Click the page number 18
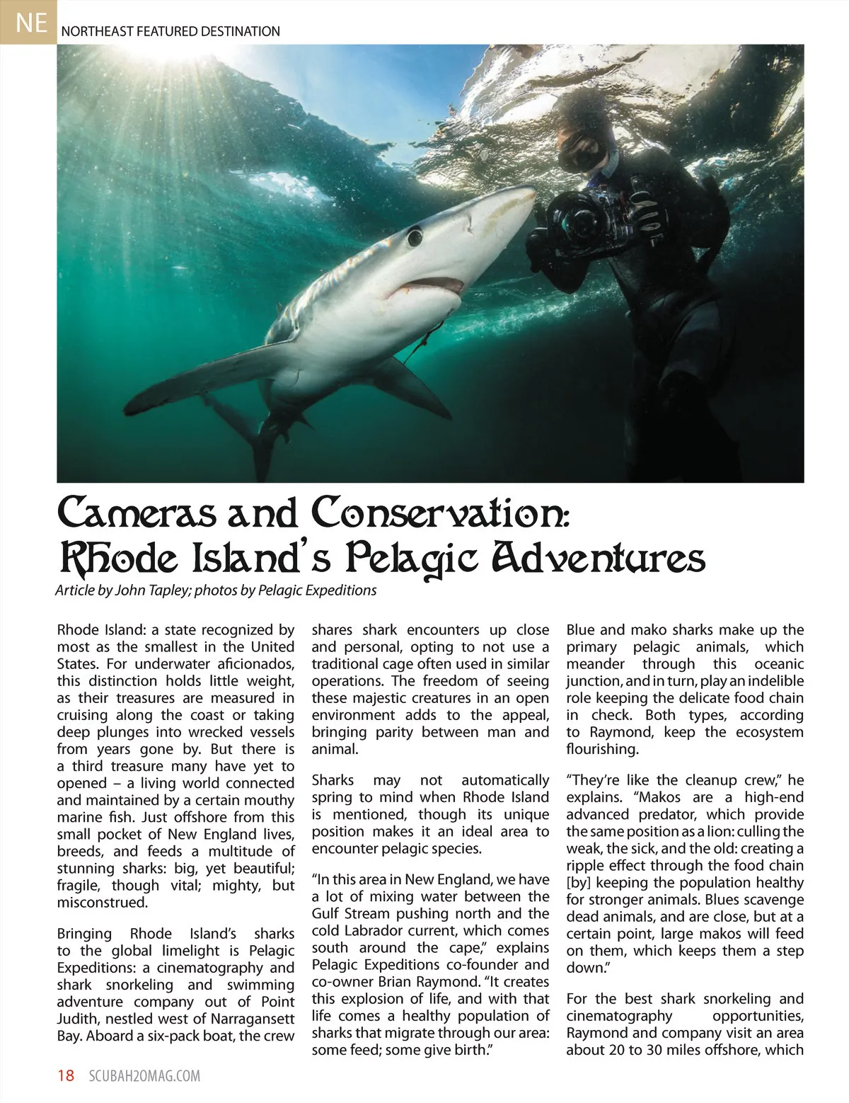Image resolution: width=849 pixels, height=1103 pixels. tap(66, 1076)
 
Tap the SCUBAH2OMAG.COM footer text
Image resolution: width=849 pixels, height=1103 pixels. tap(145, 1076)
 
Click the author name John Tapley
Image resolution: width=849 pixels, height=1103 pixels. tap(151, 590)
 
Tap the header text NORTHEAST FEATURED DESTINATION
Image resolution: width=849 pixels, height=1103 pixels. tap(171, 31)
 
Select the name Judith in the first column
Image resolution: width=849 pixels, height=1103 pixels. tap(79, 1019)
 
